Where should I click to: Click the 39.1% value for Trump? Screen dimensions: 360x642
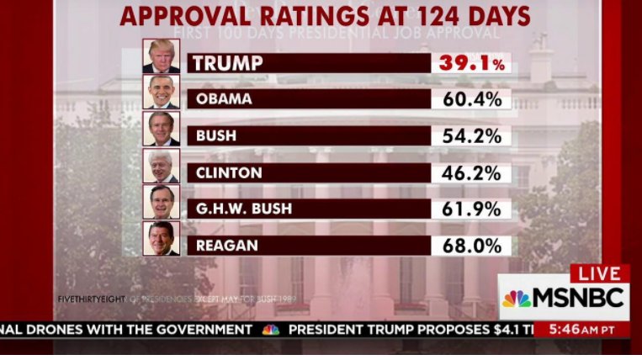(x=471, y=64)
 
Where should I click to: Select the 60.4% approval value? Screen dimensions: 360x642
(x=471, y=99)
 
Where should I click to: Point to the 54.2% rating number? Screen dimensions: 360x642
(x=471, y=136)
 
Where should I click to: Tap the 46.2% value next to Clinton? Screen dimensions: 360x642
(x=471, y=173)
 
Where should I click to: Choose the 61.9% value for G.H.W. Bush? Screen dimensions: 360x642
(x=471, y=209)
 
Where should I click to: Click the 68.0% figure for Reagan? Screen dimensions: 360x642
(x=471, y=246)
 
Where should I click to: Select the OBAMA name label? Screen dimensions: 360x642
(x=224, y=99)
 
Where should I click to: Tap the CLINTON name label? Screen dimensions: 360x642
(x=229, y=172)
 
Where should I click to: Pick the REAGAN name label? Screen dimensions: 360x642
(x=226, y=246)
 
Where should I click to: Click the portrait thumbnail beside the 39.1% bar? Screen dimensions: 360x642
(x=161, y=56)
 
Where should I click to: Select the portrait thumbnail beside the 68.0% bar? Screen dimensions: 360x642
(x=161, y=239)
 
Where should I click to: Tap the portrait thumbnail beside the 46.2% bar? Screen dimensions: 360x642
(x=161, y=166)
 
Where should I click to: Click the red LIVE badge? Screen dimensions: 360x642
(x=599, y=274)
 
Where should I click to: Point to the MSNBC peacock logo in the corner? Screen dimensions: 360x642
(x=517, y=299)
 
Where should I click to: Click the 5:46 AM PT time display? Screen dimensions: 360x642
(x=580, y=330)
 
